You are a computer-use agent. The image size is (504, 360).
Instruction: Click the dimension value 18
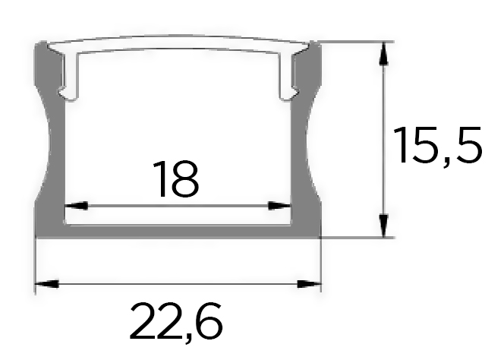click(x=176, y=179)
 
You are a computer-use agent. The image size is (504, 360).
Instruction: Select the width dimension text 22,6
click(x=176, y=322)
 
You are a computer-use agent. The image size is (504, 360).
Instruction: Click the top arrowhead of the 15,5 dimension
click(x=385, y=53)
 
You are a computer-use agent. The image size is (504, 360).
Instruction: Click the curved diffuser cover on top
click(x=178, y=44)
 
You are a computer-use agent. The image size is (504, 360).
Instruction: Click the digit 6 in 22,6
click(x=208, y=322)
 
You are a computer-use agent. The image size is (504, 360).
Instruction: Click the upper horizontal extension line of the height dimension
click(x=357, y=41)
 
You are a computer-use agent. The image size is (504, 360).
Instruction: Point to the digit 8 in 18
click(x=187, y=179)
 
